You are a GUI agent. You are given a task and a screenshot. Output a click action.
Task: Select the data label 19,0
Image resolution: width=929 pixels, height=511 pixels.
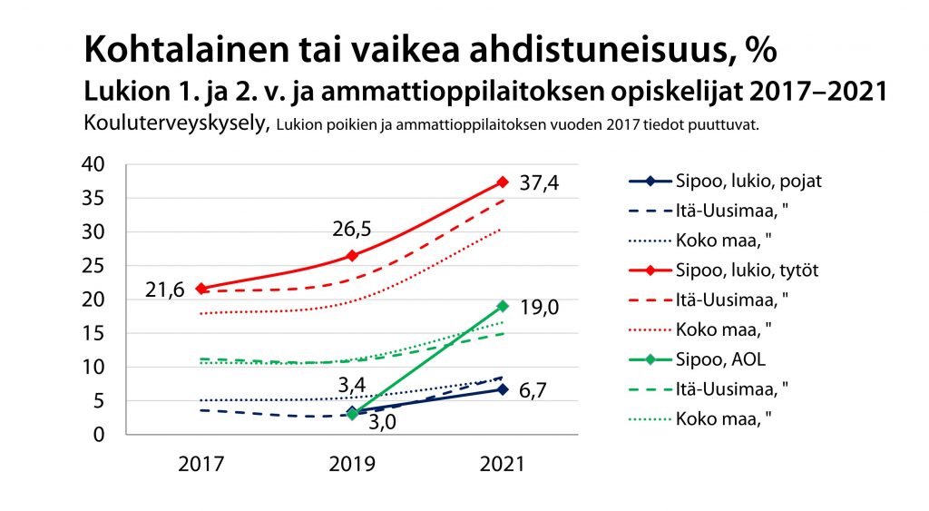click(x=540, y=309)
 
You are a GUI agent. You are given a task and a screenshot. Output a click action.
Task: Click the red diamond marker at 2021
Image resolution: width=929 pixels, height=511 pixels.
click(x=502, y=182)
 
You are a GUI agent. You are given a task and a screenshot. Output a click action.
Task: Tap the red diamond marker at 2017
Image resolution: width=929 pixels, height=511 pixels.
click(x=200, y=289)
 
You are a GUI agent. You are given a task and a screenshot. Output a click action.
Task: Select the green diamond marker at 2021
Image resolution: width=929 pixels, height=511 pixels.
click(x=502, y=306)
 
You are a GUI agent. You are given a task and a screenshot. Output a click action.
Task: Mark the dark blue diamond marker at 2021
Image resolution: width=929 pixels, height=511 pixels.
click(x=502, y=389)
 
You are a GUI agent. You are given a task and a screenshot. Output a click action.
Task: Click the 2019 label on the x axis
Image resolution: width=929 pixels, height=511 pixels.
click(x=351, y=463)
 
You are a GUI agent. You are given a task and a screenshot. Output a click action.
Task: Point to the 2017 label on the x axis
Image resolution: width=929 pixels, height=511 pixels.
click(x=200, y=463)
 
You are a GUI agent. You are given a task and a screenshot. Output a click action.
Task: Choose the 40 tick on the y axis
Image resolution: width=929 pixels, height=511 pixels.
click(x=94, y=164)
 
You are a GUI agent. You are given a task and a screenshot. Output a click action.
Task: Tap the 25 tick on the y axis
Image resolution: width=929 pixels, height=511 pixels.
click(x=94, y=266)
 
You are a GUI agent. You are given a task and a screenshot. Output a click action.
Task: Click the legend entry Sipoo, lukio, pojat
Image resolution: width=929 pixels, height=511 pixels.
click(x=748, y=181)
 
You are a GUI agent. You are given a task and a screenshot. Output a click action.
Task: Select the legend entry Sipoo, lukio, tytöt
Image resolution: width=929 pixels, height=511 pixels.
click(x=748, y=270)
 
